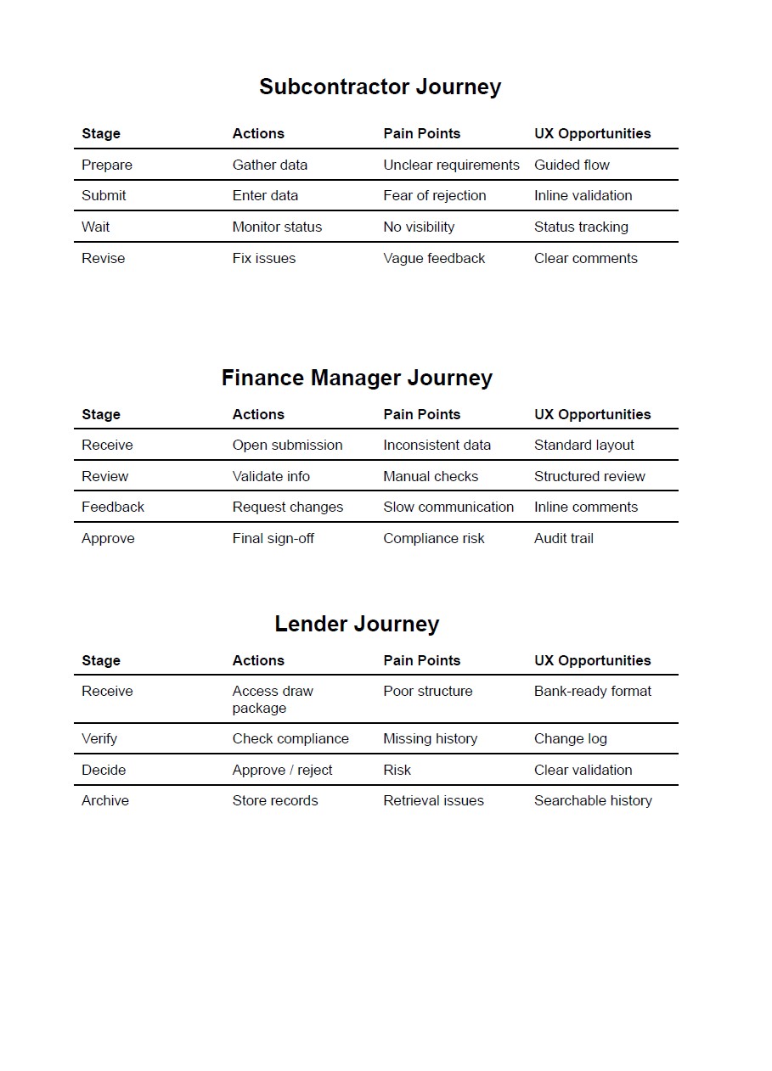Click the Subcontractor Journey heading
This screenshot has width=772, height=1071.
(x=380, y=87)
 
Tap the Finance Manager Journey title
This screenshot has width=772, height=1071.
(x=357, y=378)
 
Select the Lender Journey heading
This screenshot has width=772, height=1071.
(x=357, y=624)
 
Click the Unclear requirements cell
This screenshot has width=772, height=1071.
(x=451, y=165)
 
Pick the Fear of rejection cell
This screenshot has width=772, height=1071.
(x=434, y=195)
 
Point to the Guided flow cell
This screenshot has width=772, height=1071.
(x=572, y=165)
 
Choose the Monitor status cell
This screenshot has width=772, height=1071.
(x=277, y=227)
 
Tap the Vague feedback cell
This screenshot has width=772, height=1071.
(x=434, y=258)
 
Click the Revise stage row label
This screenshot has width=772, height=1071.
(x=103, y=258)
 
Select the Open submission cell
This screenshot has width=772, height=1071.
(x=287, y=445)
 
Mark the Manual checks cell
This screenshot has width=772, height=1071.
(x=431, y=476)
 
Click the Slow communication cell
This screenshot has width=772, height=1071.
(x=448, y=507)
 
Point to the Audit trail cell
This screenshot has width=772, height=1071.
(x=564, y=538)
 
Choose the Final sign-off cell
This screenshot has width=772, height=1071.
(x=273, y=538)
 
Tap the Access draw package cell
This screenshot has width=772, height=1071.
(x=273, y=699)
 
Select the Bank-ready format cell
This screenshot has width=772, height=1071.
(x=593, y=691)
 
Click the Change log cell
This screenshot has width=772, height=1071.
(x=571, y=738)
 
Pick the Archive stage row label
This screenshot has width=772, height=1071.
(x=105, y=800)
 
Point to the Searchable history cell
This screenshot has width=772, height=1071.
(x=593, y=800)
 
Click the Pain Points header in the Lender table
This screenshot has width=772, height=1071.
(x=421, y=660)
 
